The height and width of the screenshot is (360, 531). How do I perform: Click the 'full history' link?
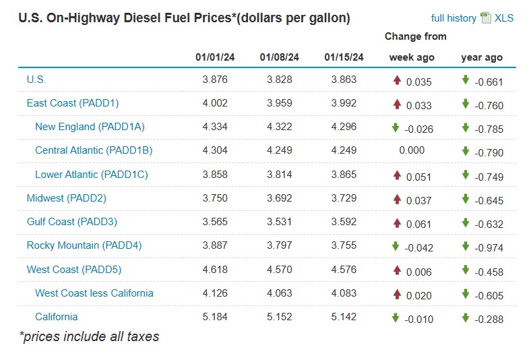[454, 18]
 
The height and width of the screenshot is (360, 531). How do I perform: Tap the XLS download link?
[503, 18]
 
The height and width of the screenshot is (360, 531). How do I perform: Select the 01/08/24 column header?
[279, 57]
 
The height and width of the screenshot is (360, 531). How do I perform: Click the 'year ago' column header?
[482, 57]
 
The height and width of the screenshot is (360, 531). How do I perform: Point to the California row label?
[57, 317]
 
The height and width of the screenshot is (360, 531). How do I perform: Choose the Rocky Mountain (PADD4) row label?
[84, 245]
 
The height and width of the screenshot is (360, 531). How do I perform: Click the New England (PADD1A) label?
[90, 127]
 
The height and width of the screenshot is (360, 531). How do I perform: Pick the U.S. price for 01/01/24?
[215, 80]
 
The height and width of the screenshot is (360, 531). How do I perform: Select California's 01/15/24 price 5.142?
[344, 317]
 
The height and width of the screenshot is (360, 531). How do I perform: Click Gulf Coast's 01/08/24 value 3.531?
[279, 222]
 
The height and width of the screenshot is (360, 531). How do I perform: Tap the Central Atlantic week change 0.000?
[412, 151]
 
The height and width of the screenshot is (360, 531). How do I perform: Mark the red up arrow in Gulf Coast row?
[397, 222]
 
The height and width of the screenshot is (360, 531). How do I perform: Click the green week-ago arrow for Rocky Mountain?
[396, 246]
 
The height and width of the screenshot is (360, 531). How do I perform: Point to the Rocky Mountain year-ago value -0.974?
[488, 247]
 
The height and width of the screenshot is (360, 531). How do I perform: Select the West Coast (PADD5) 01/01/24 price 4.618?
[215, 270]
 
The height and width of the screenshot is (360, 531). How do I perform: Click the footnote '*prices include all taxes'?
[90, 336]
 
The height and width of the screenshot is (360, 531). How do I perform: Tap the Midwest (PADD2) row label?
[67, 198]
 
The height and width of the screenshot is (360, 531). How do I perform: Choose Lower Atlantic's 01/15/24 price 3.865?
[344, 175]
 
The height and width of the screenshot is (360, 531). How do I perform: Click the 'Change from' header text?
[415, 36]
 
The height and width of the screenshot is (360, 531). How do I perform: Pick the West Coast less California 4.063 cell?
[279, 293]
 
